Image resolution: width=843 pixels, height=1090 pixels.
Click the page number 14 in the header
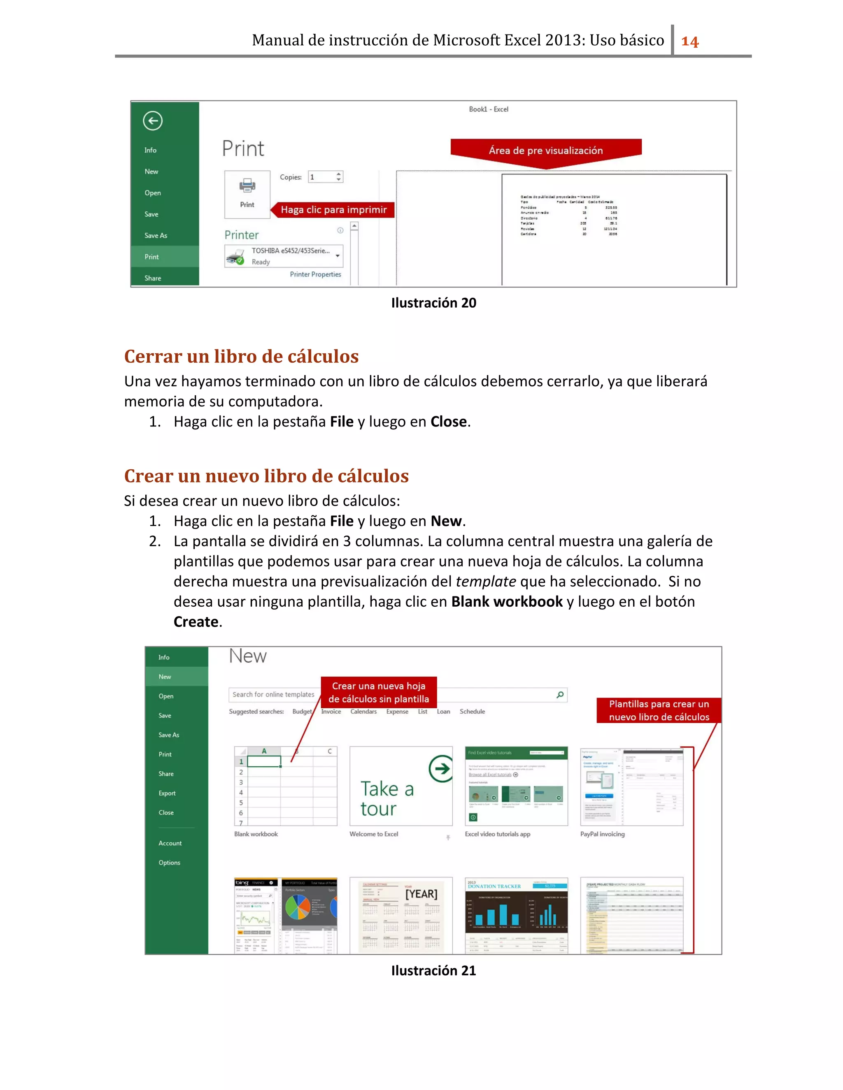point(690,41)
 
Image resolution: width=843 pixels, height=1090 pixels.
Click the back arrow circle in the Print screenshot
point(153,120)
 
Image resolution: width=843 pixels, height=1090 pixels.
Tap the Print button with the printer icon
point(247,194)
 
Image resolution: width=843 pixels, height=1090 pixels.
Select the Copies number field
point(322,177)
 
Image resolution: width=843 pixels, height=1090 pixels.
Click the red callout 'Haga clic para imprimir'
point(333,210)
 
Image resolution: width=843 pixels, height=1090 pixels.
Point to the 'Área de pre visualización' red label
point(545,150)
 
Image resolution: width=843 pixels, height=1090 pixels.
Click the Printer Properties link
point(315,274)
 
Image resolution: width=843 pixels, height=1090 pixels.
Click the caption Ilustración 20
point(433,303)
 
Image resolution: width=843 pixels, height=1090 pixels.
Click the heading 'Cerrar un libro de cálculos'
point(241,356)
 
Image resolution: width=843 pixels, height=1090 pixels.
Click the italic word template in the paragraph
point(485,582)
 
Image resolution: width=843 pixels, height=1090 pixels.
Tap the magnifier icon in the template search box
point(560,695)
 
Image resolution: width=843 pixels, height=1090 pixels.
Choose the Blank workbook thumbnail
point(286,786)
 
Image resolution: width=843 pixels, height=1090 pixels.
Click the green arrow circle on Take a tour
point(441,769)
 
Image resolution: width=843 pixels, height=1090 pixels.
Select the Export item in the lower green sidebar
point(167,793)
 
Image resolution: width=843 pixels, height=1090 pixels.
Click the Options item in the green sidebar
point(169,863)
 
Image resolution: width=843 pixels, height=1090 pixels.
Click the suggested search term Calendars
point(363,712)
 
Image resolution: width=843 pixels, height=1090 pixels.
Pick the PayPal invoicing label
point(602,834)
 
